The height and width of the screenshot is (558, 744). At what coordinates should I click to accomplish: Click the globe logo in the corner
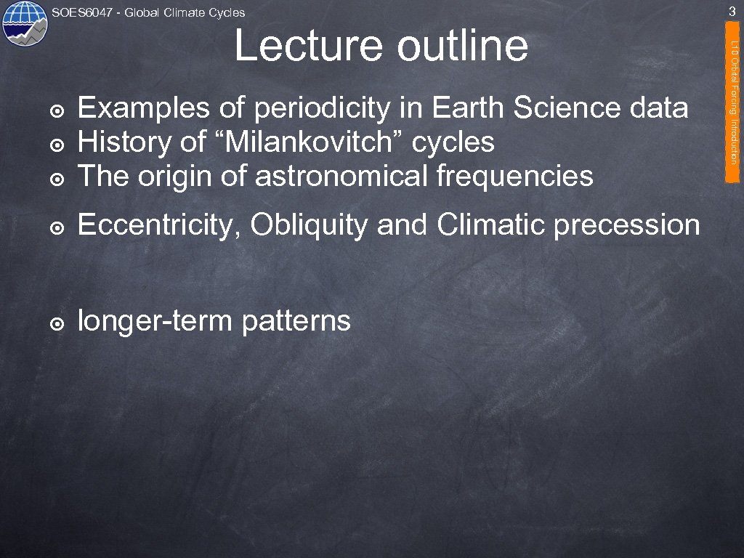(x=24, y=24)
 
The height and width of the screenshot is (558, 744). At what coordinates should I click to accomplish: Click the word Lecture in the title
(x=308, y=46)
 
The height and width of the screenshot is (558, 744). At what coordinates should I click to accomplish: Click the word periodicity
(x=323, y=109)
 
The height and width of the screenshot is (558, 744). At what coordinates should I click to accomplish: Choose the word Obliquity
(x=312, y=226)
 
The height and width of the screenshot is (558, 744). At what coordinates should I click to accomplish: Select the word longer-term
(x=155, y=321)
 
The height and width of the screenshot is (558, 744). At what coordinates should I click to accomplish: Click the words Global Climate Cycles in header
(x=185, y=12)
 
